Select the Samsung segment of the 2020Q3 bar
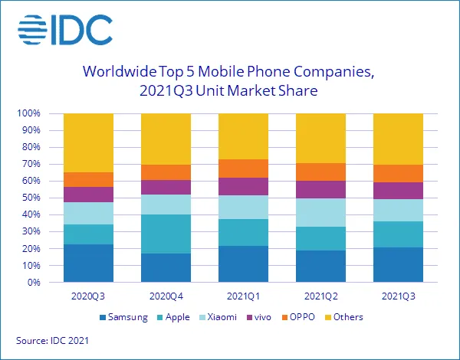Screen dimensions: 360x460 coord(88,263)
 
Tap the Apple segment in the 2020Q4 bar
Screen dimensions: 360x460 coord(166,234)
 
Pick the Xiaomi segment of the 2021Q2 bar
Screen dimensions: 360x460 coord(320,212)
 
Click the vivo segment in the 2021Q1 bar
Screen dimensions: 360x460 coord(243,186)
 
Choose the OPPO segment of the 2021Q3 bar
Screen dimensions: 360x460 coord(398,173)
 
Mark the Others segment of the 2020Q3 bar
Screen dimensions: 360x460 coord(88,142)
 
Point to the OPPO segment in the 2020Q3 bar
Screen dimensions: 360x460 coord(88,179)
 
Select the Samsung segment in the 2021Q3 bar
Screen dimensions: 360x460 coord(398,264)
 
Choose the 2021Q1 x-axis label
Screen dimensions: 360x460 coord(243,295)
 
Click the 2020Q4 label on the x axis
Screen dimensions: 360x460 coord(166,295)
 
